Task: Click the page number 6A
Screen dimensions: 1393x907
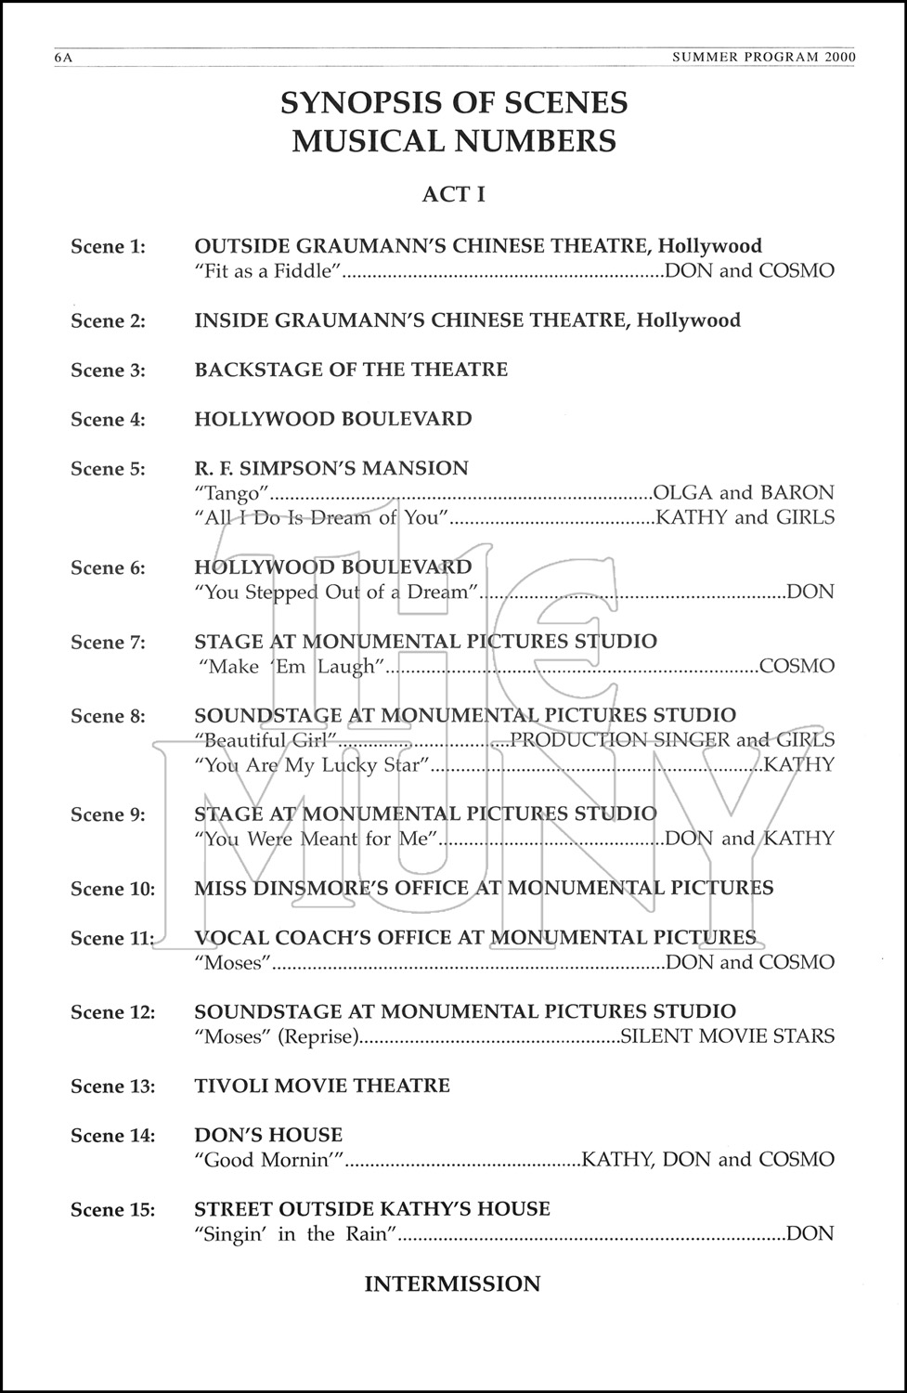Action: (63, 58)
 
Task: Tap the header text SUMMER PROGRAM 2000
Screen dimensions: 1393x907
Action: (762, 58)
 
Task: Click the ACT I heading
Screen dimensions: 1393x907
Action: (453, 194)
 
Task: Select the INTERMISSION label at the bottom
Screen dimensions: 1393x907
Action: (452, 1283)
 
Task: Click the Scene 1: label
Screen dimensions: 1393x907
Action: (108, 246)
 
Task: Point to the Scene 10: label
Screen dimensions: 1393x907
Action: (112, 889)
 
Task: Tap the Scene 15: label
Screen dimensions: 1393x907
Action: (112, 1209)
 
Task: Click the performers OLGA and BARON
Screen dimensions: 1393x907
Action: (744, 493)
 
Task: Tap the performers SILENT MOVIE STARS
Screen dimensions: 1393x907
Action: (727, 1036)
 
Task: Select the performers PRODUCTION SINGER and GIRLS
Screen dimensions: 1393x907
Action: (672, 740)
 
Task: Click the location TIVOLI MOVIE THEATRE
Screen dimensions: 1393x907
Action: (322, 1086)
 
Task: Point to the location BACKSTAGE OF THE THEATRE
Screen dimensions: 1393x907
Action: (351, 370)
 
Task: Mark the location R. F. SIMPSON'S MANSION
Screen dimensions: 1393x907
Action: (331, 468)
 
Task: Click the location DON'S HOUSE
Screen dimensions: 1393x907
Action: (268, 1135)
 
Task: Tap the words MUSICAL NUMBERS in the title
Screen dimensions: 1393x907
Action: (454, 141)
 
